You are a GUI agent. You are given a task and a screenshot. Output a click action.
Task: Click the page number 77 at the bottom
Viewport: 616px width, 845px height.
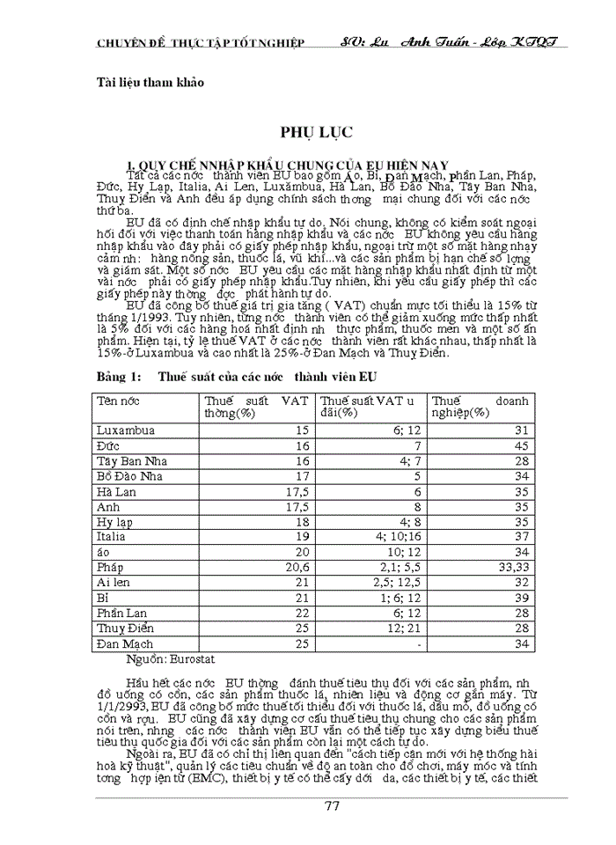331,806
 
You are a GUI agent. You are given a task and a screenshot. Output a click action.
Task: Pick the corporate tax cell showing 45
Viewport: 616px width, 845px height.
521,446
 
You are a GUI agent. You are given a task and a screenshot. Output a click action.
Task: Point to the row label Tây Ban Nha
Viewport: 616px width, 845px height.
133,461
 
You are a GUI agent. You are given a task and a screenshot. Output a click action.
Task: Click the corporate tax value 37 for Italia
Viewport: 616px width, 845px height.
521,536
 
